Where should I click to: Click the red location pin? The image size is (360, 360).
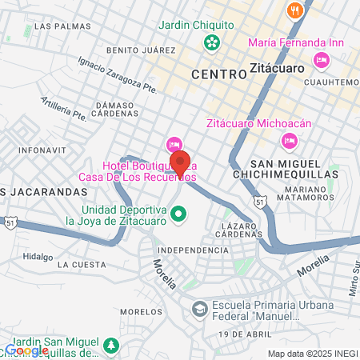180,162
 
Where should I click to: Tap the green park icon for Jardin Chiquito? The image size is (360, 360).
212,42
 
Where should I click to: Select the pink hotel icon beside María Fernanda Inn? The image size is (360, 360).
322,59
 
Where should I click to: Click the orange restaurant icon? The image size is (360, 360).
296,10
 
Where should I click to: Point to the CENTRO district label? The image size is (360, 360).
218,74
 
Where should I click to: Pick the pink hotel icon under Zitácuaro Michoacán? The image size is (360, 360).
290,141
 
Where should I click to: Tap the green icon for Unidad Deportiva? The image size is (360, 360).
180,214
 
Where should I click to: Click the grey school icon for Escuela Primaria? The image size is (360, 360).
199,308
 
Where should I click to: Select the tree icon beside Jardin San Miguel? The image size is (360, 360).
113,346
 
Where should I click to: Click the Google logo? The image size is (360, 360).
26,350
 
